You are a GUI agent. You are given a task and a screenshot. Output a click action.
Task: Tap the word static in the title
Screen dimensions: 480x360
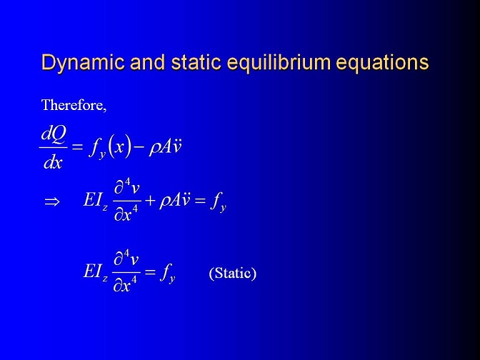click(196, 62)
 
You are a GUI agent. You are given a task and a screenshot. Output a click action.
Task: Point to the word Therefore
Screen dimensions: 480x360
click(74, 105)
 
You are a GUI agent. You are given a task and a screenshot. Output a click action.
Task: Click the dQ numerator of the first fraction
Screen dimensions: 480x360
click(54, 134)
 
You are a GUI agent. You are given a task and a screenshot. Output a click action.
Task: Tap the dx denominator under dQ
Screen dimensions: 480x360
click(53, 162)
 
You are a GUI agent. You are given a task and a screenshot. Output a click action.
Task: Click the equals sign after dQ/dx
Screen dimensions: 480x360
click(77, 147)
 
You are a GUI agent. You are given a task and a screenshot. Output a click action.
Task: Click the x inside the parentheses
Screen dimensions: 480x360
click(119, 147)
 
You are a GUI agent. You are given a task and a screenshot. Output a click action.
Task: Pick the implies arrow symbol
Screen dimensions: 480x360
click(51, 202)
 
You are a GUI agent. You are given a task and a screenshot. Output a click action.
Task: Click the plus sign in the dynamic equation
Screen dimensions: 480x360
click(150, 201)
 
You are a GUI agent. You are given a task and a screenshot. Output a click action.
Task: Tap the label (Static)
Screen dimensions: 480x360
click(233, 273)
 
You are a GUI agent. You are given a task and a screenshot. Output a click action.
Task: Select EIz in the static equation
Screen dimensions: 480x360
click(95, 272)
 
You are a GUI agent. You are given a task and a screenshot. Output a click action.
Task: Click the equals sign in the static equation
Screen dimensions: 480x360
click(150, 271)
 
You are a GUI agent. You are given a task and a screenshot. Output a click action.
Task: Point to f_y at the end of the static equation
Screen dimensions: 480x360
click(168, 272)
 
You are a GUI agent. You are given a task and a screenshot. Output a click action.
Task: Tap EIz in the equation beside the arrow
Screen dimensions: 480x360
click(95, 201)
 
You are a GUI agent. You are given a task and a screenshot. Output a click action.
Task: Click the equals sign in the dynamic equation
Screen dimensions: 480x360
click(200, 201)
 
